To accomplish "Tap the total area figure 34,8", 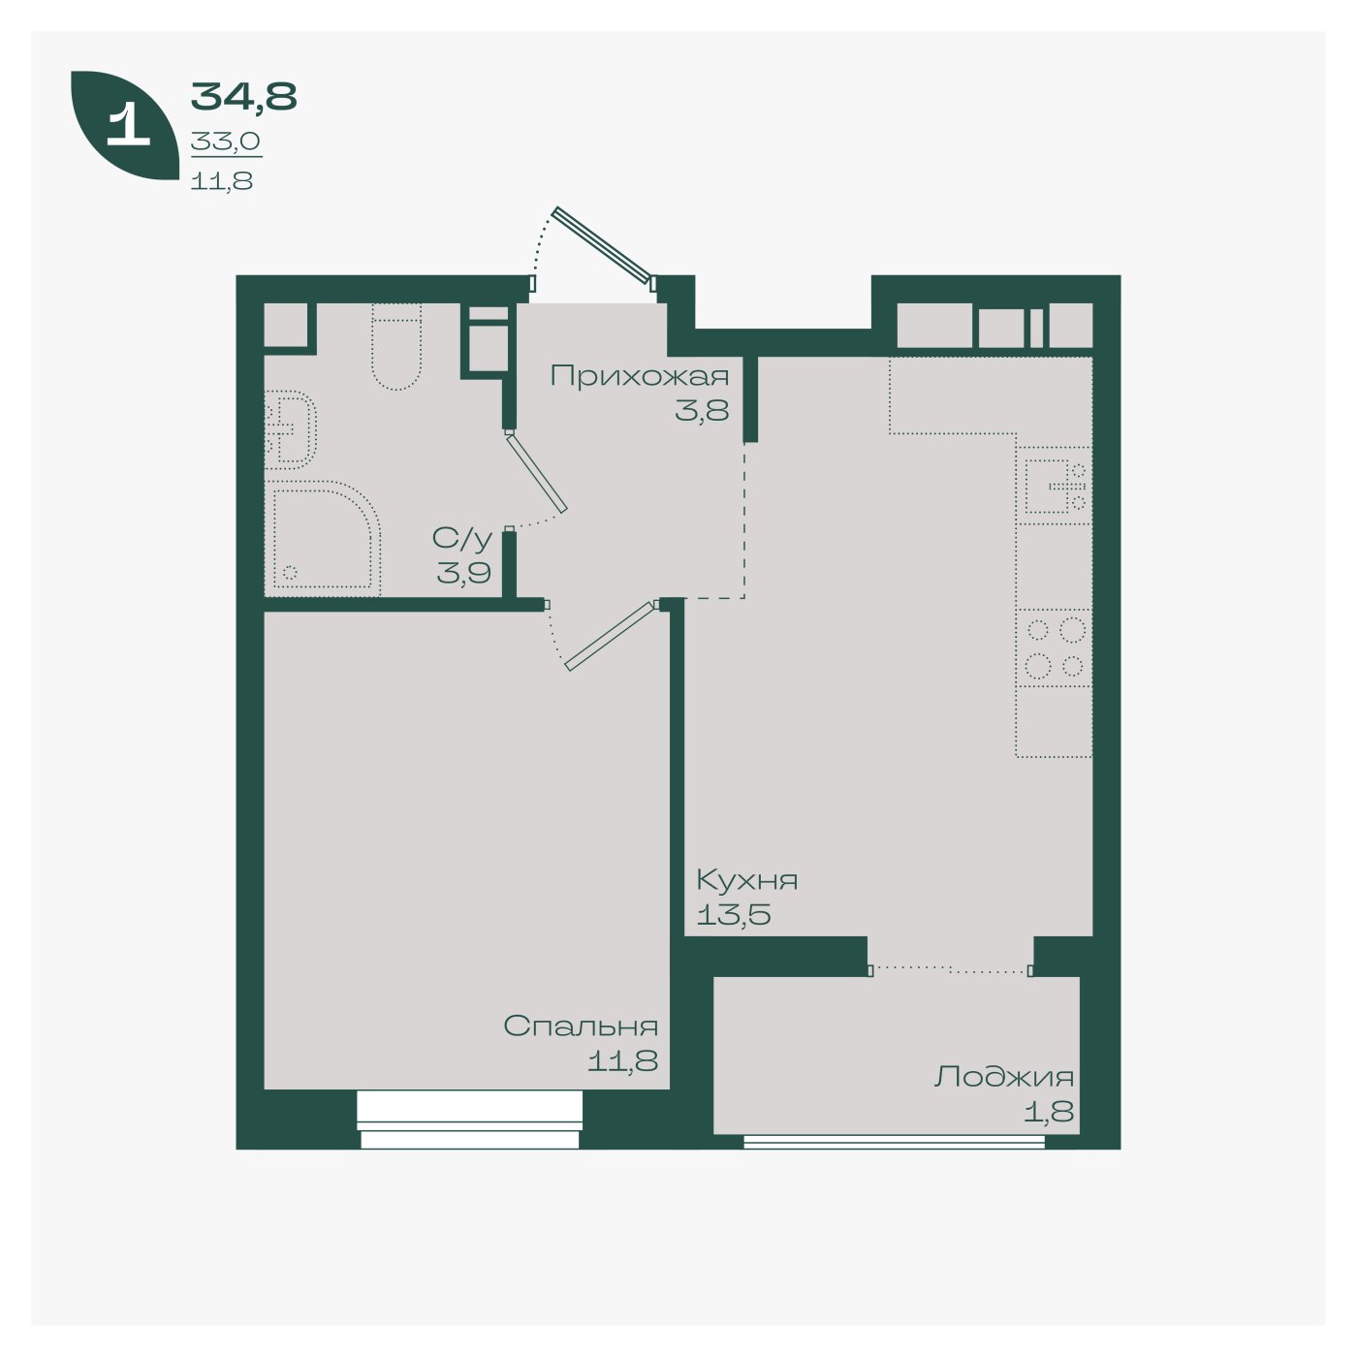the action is tap(243, 97).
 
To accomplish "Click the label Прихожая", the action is tap(640, 377).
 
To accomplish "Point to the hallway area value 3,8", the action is tap(702, 410).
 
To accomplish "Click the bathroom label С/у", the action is tap(462, 539).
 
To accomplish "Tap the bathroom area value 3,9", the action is tap(463, 573).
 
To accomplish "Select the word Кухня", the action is tap(747, 880).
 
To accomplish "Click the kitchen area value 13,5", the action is tap(733, 915).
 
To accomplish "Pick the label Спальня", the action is tap(581, 1026).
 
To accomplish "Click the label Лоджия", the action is tap(1004, 1078).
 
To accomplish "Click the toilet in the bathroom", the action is tap(396, 346).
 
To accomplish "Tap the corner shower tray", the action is tap(323, 539).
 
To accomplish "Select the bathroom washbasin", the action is tap(290, 429).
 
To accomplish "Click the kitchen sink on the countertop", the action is tap(1054, 486).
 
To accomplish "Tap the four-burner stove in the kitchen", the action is tap(1054, 647).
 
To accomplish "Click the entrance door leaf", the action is tap(603, 245).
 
